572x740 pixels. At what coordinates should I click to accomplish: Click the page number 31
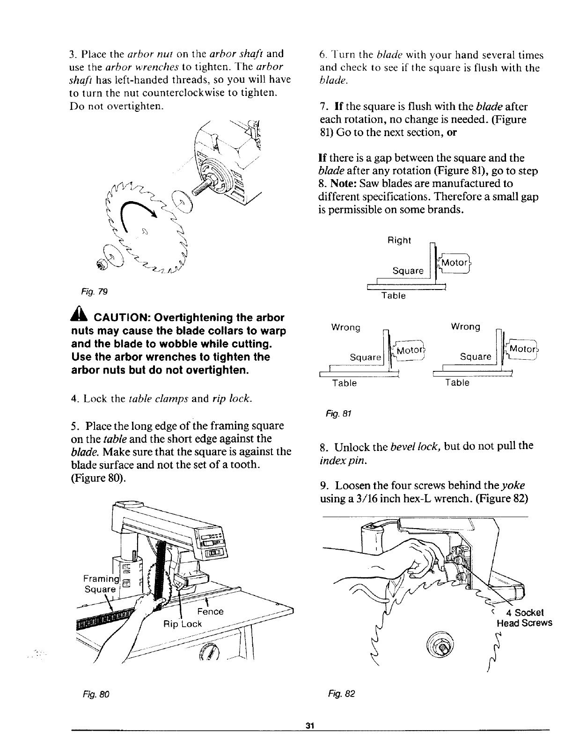(x=309, y=725)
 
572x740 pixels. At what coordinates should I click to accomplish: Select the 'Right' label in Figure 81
(x=399, y=240)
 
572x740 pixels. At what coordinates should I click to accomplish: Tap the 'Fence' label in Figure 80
(x=211, y=611)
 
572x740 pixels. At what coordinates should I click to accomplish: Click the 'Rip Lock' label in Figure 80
(x=183, y=624)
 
